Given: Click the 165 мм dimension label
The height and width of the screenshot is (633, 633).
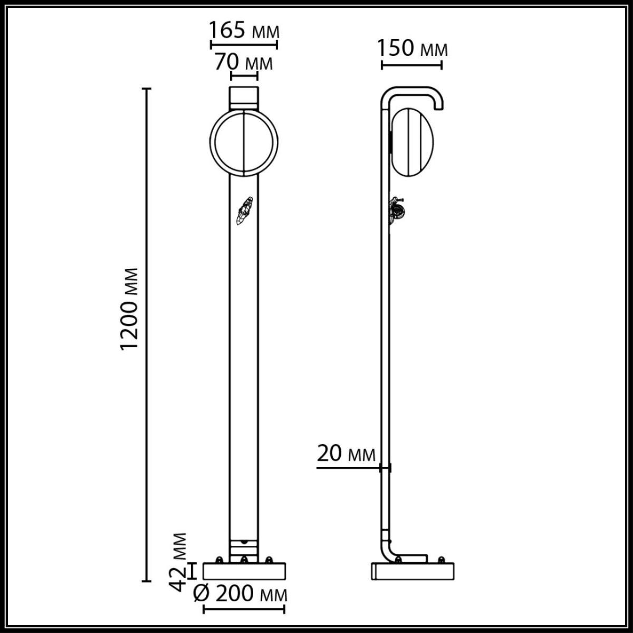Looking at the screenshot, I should click(x=244, y=31).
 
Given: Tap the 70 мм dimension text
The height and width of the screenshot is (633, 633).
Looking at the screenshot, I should click(x=244, y=63).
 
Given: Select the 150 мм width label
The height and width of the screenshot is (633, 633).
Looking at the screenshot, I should click(x=413, y=49).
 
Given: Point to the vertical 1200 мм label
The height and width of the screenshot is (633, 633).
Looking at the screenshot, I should click(x=129, y=309).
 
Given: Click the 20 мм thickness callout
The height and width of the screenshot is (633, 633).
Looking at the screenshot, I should click(x=347, y=454).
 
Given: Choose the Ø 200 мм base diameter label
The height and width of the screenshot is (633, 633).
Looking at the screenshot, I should click(x=241, y=594).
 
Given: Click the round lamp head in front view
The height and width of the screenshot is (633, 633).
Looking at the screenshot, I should click(x=244, y=142).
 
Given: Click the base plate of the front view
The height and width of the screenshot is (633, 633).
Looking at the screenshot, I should click(x=244, y=571).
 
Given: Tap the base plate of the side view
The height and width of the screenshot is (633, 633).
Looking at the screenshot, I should click(x=413, y=572).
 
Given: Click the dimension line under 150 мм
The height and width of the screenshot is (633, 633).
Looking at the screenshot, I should click(x=411, y=65).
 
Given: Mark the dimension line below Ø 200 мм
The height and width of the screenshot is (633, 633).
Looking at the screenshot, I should click(x=244, y=610).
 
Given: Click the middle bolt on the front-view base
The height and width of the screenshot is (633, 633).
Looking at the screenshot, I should click(x=244, y=559).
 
